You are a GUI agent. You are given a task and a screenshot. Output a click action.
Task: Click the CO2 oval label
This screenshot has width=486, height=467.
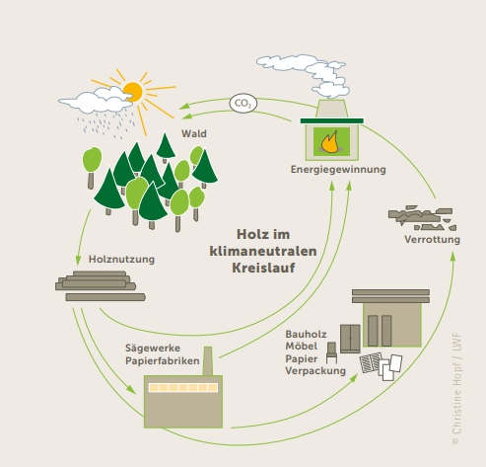point(243,104)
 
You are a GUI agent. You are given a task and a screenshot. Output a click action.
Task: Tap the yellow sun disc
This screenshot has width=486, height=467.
point(133,92)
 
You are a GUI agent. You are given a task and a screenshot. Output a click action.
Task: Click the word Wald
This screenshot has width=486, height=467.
point(194,133)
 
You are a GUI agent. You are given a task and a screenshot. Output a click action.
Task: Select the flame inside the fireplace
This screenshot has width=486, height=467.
point(329,142)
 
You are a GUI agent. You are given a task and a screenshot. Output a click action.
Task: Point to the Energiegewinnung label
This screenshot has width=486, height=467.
point(338,170)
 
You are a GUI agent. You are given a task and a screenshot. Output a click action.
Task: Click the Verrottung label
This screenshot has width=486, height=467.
point(432,240)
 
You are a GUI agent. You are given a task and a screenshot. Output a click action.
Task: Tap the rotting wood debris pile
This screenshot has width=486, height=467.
point(422,218)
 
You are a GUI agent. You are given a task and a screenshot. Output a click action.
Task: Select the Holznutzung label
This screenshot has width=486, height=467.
point(121,260)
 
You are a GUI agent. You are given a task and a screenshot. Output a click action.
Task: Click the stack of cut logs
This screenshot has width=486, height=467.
point(101,285)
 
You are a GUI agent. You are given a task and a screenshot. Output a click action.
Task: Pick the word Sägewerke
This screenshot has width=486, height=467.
point(153,349)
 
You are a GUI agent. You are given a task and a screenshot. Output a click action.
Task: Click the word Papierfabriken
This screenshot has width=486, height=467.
point(163,361)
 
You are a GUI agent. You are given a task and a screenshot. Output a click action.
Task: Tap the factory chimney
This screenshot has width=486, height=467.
point(208,361)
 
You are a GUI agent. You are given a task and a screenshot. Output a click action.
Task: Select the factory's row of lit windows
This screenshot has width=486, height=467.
point(183,387)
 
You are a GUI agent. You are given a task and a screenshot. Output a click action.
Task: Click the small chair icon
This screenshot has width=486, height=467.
point(331,352)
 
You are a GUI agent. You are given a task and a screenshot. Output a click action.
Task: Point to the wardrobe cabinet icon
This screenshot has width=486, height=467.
point(350,339)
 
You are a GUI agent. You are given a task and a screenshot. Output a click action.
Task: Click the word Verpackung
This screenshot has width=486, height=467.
point(315,371)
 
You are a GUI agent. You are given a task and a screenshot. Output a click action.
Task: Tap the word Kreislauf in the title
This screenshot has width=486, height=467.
point(263,268)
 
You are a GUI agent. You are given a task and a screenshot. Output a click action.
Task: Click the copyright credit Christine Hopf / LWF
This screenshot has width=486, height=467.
point(456,388)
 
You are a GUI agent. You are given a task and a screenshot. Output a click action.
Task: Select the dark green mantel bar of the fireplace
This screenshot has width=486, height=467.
point(332,121)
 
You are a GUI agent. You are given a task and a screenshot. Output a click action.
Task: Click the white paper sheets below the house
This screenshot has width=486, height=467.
point(390,367)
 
